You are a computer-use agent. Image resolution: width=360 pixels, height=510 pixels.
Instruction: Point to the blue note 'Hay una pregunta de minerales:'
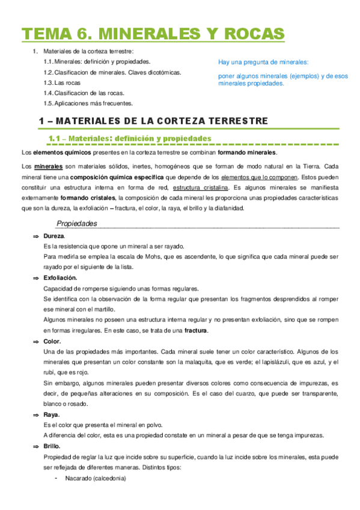263,63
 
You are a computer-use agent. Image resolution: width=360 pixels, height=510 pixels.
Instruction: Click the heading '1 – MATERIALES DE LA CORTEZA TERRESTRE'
153,121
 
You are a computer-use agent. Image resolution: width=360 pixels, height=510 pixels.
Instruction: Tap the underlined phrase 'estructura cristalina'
200,187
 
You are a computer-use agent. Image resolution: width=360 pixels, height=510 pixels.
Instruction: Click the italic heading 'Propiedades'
77,223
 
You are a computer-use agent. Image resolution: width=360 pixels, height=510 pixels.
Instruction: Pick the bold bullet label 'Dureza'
54,236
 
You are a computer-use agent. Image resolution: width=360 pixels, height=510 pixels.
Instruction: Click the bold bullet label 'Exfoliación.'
60,278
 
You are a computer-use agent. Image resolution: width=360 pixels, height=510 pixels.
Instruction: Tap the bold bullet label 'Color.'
52,341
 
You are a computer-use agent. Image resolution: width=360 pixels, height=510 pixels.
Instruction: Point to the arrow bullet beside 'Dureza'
35,236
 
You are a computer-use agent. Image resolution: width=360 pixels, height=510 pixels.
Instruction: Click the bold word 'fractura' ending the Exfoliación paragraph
196,331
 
